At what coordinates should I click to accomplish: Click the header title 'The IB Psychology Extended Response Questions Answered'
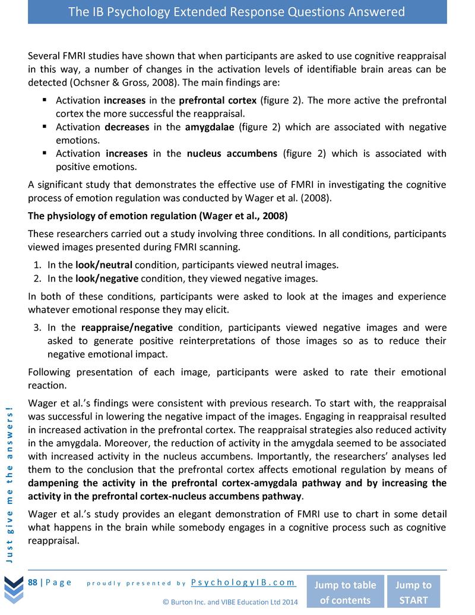click(237, 12)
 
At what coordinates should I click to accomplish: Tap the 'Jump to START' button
click(413, 592)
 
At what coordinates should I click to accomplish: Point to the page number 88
click(33, 582)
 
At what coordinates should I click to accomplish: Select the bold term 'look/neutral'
click(104, 265)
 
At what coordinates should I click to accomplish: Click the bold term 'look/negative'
click(107, 278)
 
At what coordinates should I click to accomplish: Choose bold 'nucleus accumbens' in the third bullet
click(232, 154)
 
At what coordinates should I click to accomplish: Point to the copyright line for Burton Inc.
click(230, 602)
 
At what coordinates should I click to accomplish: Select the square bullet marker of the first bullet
click(45, 100)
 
